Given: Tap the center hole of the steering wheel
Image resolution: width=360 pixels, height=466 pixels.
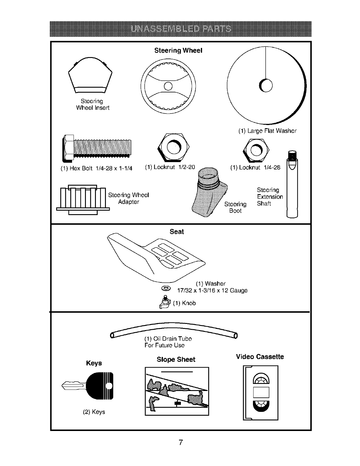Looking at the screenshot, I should pos(168,86).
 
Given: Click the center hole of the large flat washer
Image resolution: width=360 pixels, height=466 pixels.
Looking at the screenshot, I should pos(266,86).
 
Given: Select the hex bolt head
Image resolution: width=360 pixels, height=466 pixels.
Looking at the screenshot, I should pos(68,148).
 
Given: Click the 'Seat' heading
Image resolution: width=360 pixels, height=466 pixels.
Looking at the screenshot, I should pos(177,232).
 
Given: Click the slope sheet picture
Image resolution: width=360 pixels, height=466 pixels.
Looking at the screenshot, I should pos(177,391).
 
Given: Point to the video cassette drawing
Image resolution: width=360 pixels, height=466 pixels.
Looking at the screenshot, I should pos(261,392).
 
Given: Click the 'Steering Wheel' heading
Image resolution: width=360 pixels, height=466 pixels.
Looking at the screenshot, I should pos(178,51).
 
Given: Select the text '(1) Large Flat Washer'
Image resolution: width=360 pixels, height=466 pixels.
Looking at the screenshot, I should pos(267,131).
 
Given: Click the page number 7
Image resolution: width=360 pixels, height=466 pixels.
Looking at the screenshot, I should pos(181,442).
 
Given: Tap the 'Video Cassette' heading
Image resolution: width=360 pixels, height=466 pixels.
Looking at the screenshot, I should pos(260,357).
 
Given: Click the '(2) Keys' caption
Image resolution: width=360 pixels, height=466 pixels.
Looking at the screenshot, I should pos(94,412).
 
